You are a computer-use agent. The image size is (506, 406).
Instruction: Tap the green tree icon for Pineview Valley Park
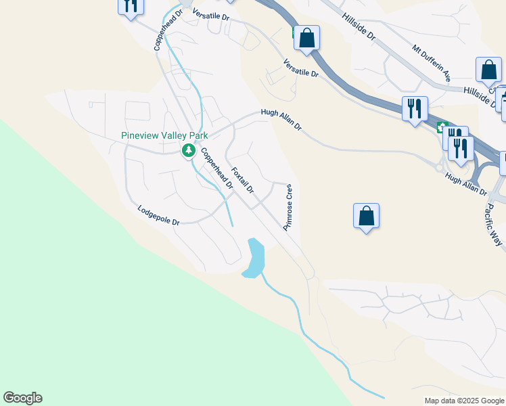(x=189, y=150)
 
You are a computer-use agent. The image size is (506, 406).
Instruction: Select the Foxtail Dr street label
(x=242, y=181)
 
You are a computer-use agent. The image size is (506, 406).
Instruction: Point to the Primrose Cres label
(x=287, y=207)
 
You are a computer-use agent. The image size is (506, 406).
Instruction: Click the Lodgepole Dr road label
(x=158, y=216)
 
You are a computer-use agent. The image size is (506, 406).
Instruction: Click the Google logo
(x=22, y=398)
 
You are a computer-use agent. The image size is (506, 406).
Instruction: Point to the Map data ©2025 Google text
(x=464, y=401)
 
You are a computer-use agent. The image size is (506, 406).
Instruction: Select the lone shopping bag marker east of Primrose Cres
(x=366, y=217)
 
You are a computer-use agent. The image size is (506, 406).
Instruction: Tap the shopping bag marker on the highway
(x=306, y=38)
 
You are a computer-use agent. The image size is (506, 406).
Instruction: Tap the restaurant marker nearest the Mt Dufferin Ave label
(x=413, y=109)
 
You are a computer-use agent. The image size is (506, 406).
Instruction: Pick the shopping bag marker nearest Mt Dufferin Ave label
(x=488, y=70)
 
